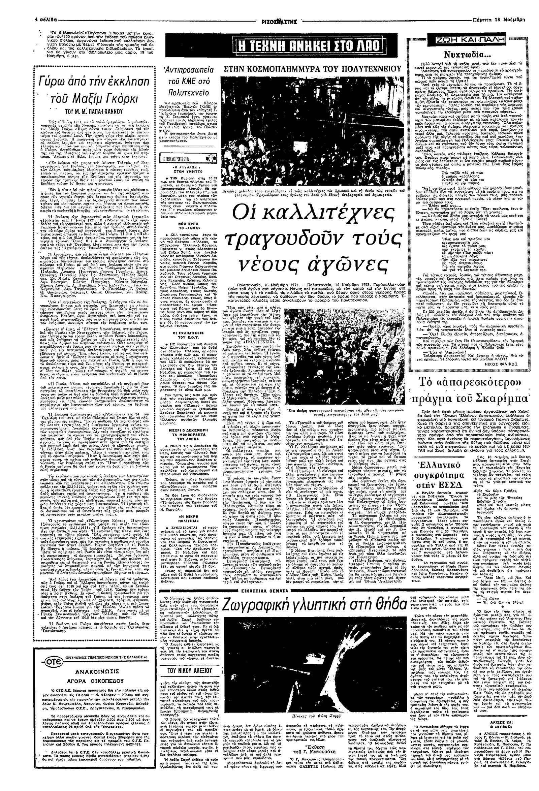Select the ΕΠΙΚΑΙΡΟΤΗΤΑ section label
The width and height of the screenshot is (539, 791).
click(176, 159)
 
